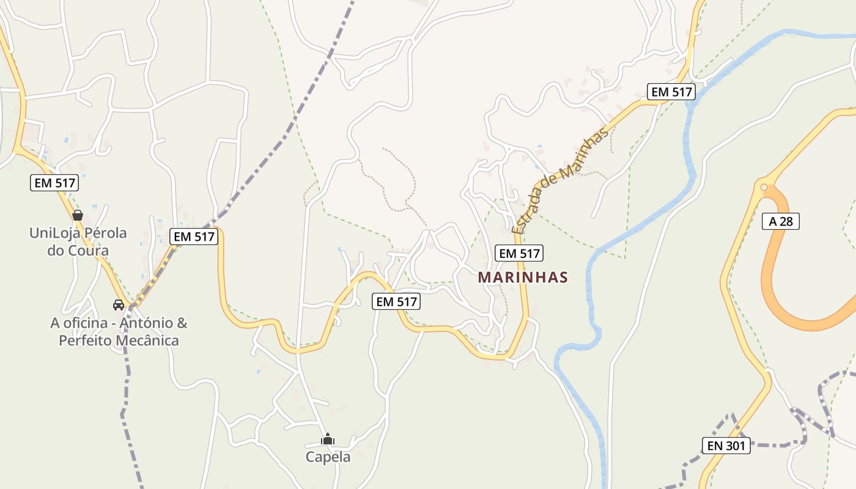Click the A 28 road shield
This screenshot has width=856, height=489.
[x=781, y=221]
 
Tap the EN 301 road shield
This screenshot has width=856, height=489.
[x=726, y=446]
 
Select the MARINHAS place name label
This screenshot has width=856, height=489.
[x=523, y=278]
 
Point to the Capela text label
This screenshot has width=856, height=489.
[x=328, y=457]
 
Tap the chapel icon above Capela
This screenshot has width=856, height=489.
[x=328, y=439]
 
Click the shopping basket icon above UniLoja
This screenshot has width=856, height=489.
[x=78, y=215]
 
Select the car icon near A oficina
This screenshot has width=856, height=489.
[x=118, y=304]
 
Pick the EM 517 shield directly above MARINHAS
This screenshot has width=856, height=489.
[x=519, y=253]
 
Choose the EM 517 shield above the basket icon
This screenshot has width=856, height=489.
[x=54, y=182]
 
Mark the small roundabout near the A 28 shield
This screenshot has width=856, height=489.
[x=763, y=187]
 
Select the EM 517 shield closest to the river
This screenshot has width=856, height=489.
[x=672, y=92]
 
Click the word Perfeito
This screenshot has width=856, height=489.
[x=84, y=340]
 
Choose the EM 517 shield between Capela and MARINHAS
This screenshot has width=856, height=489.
[x=396, y=301]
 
